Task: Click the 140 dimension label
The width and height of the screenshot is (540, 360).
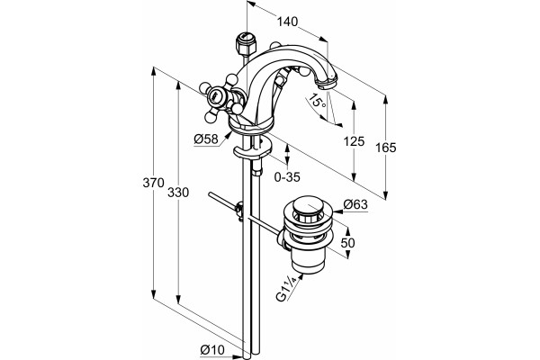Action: click(287, 22)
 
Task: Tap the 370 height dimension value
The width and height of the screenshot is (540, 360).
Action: click(154, 183)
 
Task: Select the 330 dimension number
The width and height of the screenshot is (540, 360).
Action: click(178, 193)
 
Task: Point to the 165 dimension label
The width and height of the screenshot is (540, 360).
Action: click(386, 148)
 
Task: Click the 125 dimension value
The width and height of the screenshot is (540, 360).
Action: click(354, 141)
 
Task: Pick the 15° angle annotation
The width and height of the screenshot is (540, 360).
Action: click(317, 100)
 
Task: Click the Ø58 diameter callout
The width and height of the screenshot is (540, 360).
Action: click(206, 139)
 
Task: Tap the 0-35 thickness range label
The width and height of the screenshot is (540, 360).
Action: click(287, 177)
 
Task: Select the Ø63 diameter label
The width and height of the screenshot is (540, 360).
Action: click(355, 204)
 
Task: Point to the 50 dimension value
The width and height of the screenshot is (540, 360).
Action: click(347, 243)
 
